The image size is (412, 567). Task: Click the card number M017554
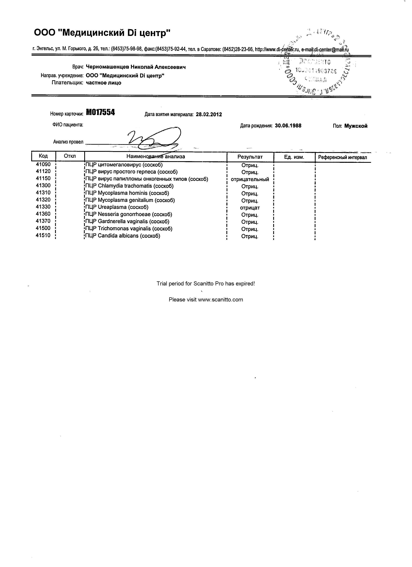pyautogui.click(x=100, y=113)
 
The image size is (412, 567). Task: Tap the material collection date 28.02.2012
pyautogui.click(x=209, y=115)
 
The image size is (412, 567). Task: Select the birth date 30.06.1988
pyautogui.click(x=288, y=126)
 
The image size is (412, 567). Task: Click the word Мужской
pyautogui.click(x=356, y=126)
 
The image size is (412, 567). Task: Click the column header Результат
pyautogui.click(x=250, y=157)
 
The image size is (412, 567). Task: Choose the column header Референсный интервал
pyautogui.click(x=343, y=157)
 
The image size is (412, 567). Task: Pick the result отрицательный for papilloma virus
pyautogui.click(x=250, y=179)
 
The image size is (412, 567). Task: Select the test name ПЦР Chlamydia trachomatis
pyautogui.click(x=129, y=186)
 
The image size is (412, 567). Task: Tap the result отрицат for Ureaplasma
pyautogui.click(x=250, y=208)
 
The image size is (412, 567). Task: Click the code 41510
pyautogui.click(x=43, y=235)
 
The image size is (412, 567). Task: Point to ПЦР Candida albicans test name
pyautogui.click(x=123, y=236)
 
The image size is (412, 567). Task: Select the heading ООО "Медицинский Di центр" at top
pyautogui.click(x=102, y=33)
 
